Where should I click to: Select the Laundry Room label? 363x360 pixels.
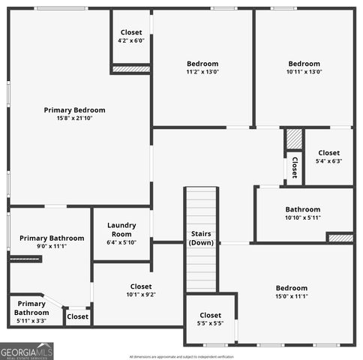click(x=121, y=229)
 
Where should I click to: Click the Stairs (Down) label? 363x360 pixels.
click(x=201, y=238)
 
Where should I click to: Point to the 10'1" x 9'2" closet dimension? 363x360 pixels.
click(x=141, y=295)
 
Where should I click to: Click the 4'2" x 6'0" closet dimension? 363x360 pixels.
click(x=131, y=40)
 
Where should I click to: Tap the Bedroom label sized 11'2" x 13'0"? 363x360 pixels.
click(x=202, y=64)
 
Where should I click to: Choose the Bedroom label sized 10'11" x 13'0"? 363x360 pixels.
click(x=304, y=64)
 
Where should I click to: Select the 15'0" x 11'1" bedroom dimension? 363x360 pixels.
click(x=291, y=296)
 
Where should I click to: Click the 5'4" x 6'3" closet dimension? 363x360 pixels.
click(x=328, y=160)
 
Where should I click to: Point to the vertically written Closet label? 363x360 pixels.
click(x=295, y=166)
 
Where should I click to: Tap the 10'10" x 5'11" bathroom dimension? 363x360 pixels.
click(x=302, y=217)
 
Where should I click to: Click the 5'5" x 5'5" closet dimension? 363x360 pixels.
click(x=211, y=324)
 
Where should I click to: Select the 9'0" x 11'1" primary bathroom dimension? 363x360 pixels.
click(x=42, y=246)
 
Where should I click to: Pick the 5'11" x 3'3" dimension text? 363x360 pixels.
click(x=31, y=321)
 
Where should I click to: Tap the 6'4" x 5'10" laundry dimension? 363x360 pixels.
click(x=121, y=242)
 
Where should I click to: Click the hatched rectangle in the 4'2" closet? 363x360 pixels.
click(x=131, y=69)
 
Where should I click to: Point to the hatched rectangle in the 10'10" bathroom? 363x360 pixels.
click(x=340, y=238)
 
